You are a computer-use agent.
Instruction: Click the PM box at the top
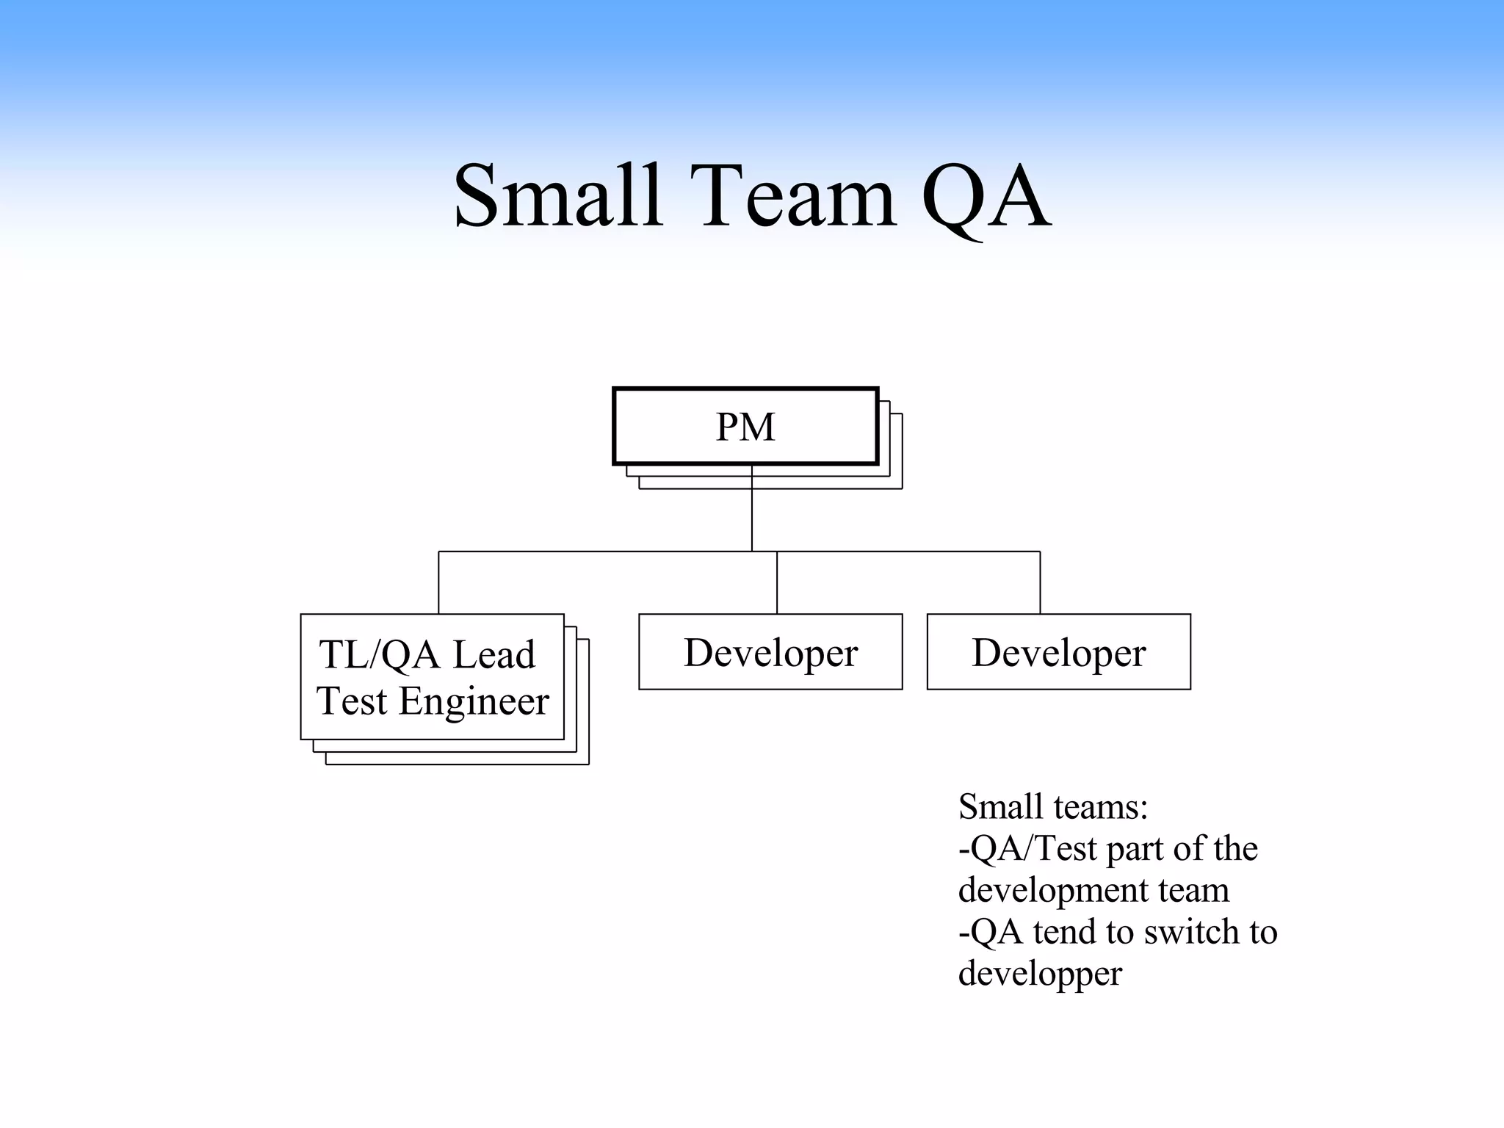(x=745, y=427)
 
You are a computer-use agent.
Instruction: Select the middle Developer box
(x=770, y=652)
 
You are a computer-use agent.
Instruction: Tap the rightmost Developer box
(x=1058, y=652)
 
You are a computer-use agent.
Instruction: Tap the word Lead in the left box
(x=493, y=654)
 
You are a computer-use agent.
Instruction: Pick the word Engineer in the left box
(x=474, y=701)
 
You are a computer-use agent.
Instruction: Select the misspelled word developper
(x=1040, y=974)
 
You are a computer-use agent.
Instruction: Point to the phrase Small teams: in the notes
(x=1053, y=806)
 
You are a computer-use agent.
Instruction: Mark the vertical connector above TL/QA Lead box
(x=438, y=582)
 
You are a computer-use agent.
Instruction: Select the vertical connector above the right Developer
(x=1040, y=582)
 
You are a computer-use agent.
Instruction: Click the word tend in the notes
(x=1065, y=931)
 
